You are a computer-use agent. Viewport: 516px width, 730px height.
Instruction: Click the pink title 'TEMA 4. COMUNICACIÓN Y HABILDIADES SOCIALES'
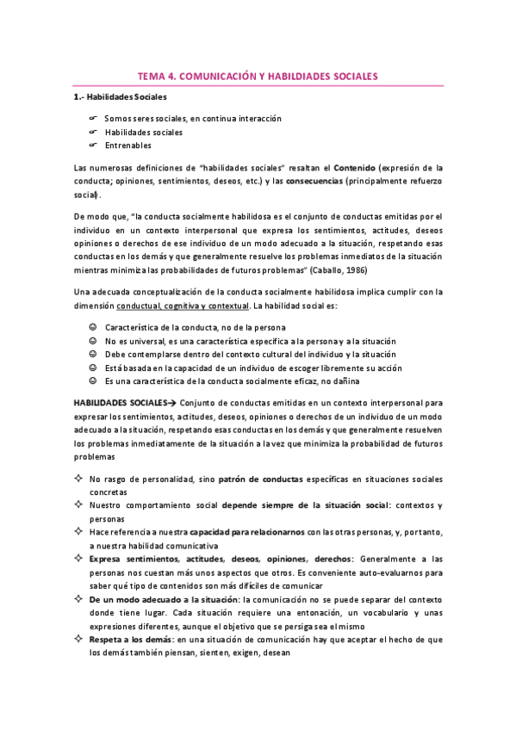[258, 77]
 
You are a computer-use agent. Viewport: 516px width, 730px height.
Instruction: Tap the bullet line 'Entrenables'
[127, 145]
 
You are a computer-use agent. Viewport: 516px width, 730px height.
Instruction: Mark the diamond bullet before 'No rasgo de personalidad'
[78, 479]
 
